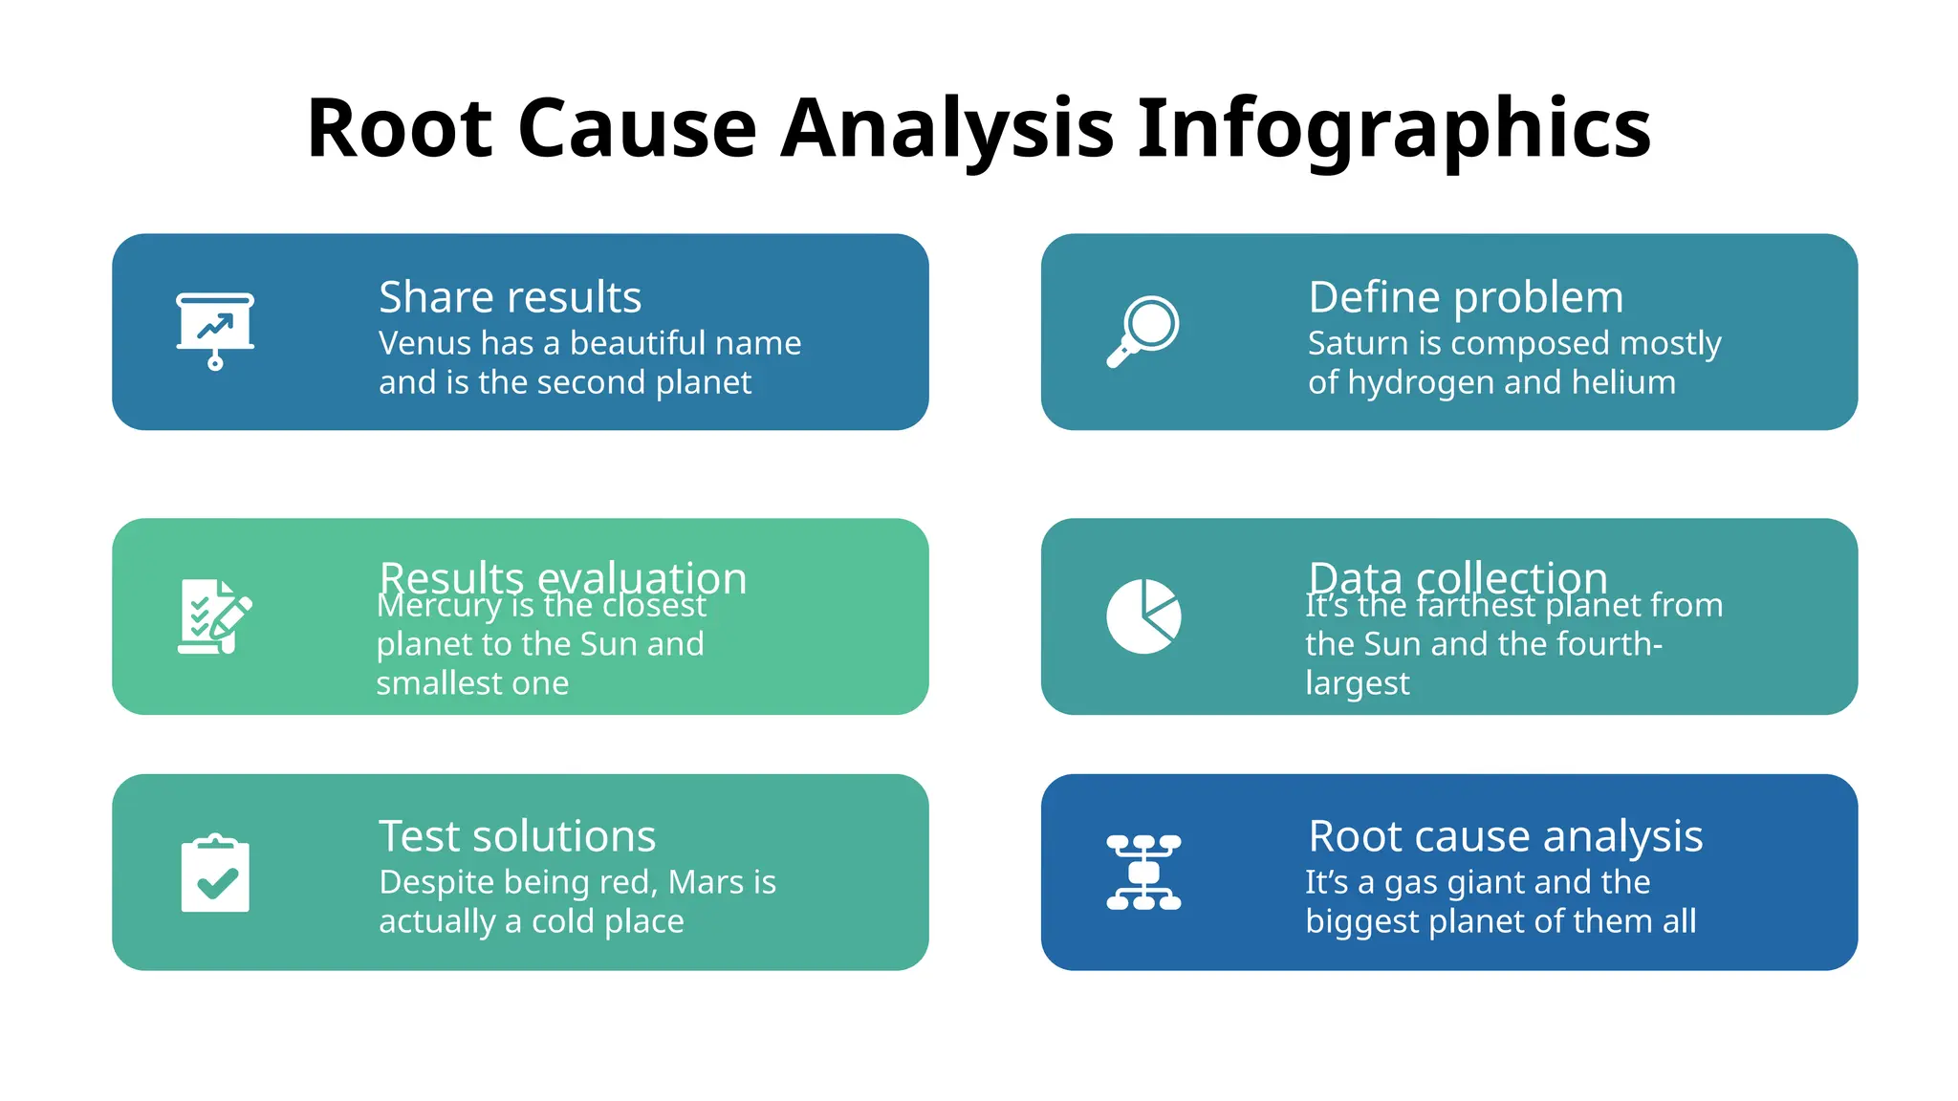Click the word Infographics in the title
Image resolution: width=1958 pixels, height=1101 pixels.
[1394, 129]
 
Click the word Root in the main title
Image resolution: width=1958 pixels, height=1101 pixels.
[400, 129]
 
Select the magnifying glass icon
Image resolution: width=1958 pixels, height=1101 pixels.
[1143, 331]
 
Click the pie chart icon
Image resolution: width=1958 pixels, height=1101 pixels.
[1143, 616]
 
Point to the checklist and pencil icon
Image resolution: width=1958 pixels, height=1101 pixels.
[215, 616]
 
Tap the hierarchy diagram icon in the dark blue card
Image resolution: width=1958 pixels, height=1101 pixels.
[1143, 872]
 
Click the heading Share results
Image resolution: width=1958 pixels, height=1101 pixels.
[510, 297]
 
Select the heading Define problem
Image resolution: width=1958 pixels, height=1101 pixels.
[1466, 297]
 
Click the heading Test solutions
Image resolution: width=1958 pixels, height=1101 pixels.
[517, 836]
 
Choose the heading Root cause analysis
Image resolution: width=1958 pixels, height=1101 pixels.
[1506, 836]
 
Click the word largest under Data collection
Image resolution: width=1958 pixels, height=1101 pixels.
[1357, 684]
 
